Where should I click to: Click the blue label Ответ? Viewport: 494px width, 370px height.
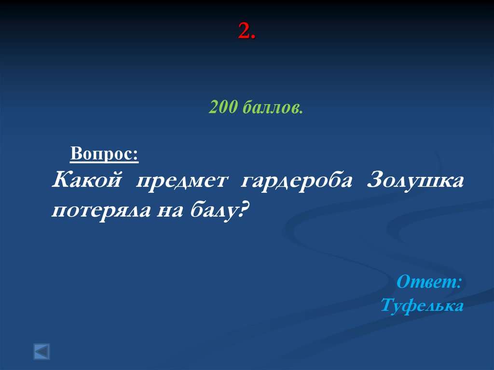click(429, 282)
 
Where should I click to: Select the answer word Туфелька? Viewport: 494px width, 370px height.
click(422, 305)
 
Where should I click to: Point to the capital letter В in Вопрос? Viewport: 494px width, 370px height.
click(76, 154)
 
